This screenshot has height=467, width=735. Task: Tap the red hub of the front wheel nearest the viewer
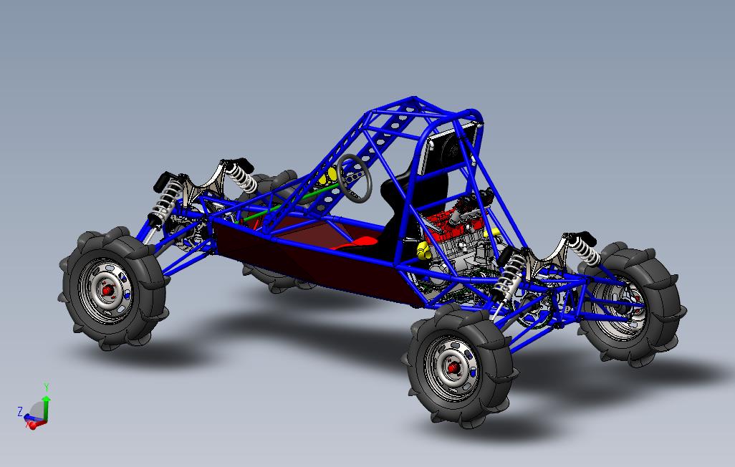[x=107, y=291]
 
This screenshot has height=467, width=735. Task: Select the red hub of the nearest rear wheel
[x=453, y=368]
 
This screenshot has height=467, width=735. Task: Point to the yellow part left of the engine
[x=423, y=251]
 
